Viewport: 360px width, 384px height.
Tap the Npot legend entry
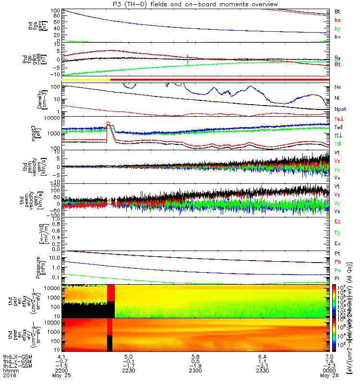pos(340,109)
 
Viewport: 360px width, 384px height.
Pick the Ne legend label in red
pos(337,87)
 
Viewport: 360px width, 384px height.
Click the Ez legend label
pos(337,222)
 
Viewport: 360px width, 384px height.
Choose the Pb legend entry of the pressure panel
pos(337,262)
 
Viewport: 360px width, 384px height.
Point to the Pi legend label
pos(337,278)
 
